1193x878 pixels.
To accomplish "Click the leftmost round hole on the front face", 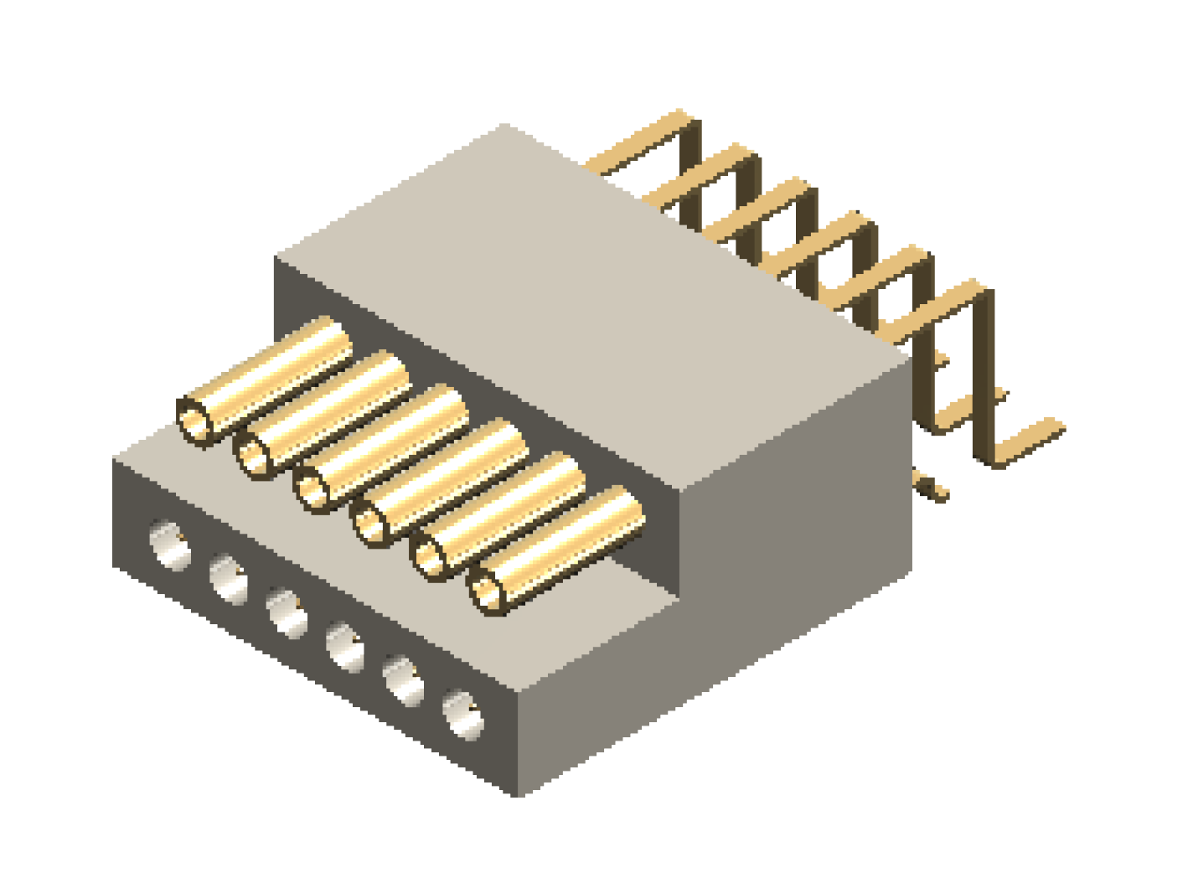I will (x=170, y=545).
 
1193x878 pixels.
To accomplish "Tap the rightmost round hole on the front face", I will (x=463, y=714).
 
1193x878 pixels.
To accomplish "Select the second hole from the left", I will (x=229, y=578).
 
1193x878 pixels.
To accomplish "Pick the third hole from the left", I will (x=287, y=612).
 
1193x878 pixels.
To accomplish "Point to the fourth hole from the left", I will (x=346, y=647).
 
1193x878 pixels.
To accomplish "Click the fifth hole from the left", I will (x=404, y=680).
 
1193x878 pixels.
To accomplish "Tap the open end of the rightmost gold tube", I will (x=488, y=591).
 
